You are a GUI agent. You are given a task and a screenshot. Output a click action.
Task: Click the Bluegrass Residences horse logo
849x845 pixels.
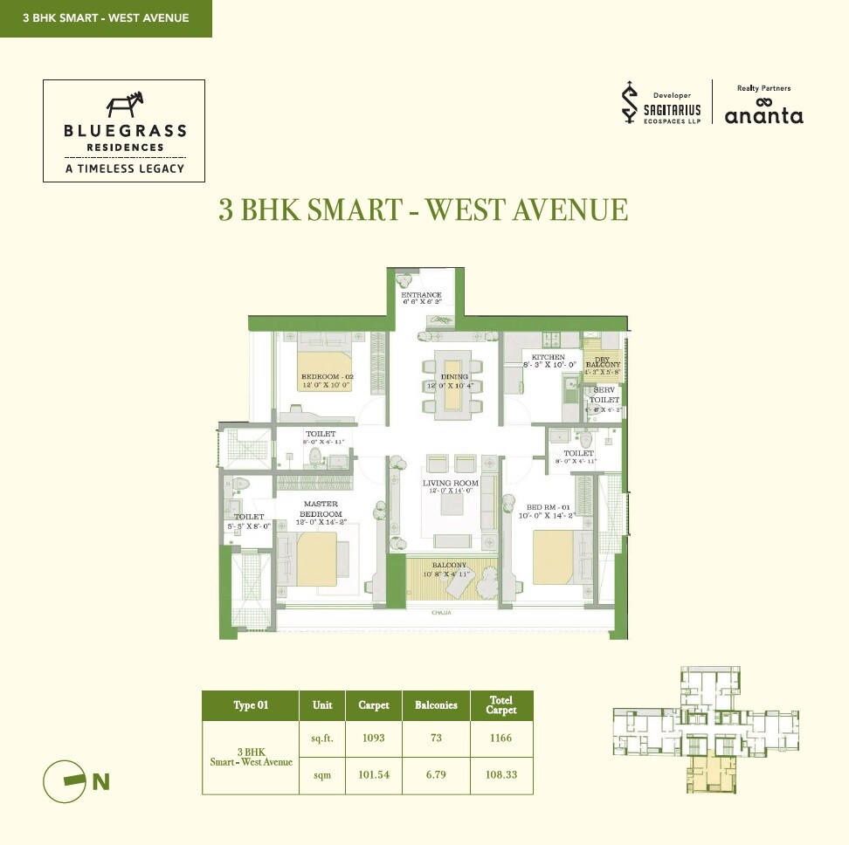124,105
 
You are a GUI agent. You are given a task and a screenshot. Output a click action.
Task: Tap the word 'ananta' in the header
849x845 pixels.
763,115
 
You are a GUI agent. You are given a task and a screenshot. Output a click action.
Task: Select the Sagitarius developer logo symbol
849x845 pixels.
627,103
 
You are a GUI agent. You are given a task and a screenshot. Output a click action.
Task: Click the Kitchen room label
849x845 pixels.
543,357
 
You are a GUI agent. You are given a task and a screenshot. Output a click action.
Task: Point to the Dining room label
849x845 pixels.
454,377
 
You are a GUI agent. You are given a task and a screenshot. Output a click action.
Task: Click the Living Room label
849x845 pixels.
451,483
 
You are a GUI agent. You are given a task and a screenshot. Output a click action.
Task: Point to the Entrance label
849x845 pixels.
421,295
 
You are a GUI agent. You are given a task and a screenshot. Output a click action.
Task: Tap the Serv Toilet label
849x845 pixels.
605,395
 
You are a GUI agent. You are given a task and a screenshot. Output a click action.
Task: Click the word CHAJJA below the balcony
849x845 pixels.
440,614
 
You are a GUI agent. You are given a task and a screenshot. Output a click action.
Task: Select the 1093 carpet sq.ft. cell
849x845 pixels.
374,738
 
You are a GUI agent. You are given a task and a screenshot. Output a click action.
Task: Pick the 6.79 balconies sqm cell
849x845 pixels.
436,775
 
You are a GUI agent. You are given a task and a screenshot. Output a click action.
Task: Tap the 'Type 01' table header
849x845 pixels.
250,705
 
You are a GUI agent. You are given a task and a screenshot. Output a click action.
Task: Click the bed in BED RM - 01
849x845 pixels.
553,558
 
